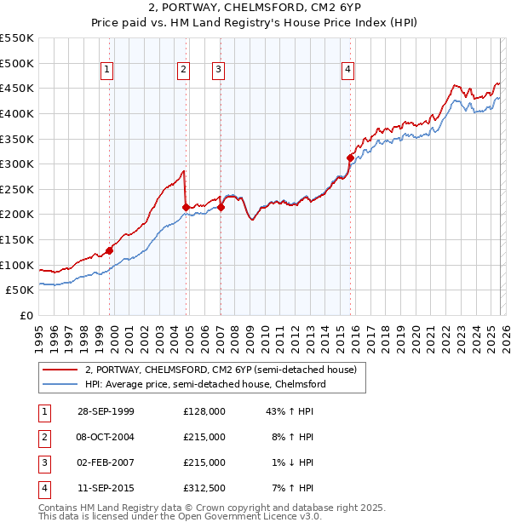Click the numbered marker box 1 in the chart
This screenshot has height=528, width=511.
[x=107, y=71]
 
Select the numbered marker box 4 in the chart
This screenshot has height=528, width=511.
[x=348, y=71]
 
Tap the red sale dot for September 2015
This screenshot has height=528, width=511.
[x=350, y=158]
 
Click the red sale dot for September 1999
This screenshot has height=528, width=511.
[x=110, y=250]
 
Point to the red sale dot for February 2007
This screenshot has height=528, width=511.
[x=221, y=207]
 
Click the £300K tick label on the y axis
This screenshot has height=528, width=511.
[x=17, y=164]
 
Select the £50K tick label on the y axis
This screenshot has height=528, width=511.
[x=20, y=290]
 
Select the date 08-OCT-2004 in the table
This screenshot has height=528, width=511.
[x=106, y=437]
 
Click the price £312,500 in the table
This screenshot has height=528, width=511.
[x=204, y=489]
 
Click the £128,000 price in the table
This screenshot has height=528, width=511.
[x=204, y=411]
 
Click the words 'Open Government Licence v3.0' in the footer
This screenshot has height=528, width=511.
[x=250, y=516]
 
